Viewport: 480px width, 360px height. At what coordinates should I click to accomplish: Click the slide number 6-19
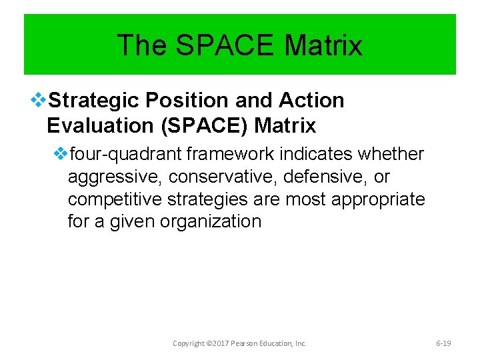point(443,343)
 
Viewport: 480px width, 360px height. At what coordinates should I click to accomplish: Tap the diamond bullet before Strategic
point(38,101)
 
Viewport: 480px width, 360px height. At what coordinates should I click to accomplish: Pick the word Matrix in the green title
point(323,45)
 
